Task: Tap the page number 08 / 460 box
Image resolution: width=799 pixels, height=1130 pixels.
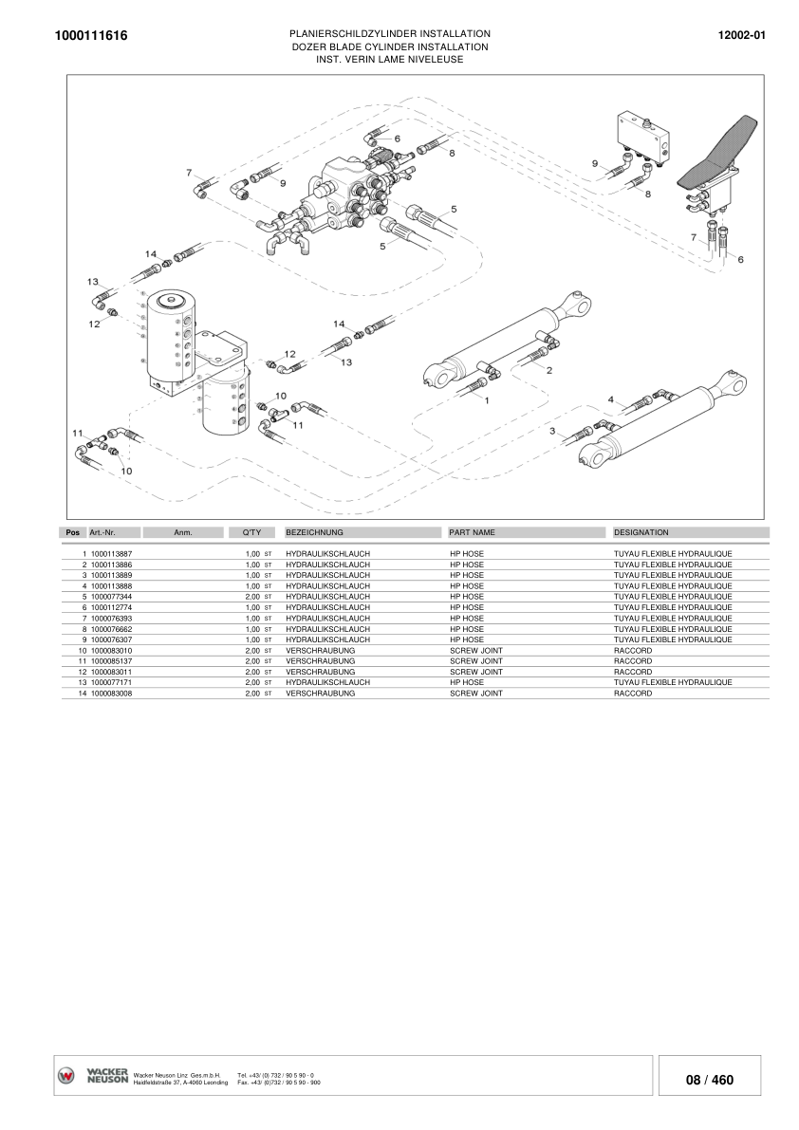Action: click(x=710, y=1080)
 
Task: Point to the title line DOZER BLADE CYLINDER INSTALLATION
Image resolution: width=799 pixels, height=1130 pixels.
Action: click(x=389, y=46)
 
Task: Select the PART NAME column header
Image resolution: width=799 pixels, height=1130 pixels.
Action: click(x=472, y=533)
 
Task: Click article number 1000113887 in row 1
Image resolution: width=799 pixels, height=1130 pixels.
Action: click(x=111, y=553)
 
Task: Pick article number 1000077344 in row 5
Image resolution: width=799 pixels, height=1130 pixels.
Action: click(x=111, y=597)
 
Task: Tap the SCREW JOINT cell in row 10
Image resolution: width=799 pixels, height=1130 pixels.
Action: click(x=475, y=651)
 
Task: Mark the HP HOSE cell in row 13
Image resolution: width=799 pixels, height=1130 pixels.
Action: click(x=466, y=683)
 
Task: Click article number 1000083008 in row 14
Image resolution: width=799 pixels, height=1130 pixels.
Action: click(x=111, y=694)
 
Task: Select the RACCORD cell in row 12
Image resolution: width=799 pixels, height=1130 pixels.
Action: click(x=633, y=672)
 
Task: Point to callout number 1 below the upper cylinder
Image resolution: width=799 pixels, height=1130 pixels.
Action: click(x=487, y=401)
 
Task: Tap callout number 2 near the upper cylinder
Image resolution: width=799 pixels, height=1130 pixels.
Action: click(x=548, y=370)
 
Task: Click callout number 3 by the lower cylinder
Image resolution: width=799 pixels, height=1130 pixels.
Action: click(x=552, y=432)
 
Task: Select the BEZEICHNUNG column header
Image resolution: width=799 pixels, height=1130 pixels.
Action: click(x=314, y=533)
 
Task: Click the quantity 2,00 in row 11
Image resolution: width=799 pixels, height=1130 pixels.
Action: click(x=252, y=661)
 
